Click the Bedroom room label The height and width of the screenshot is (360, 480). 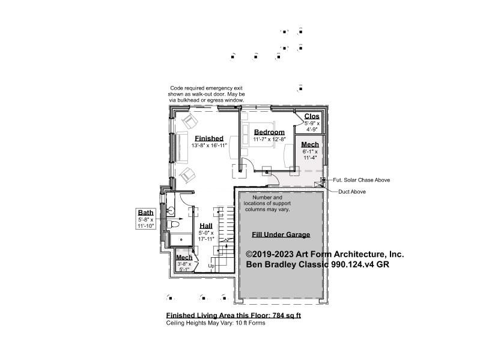coord(269,132)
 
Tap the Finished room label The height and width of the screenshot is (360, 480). coord(209,138)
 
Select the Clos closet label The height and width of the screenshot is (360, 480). coord(312,117)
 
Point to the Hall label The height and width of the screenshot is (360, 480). coord(206,226)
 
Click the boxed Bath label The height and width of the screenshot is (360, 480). coord(145,212)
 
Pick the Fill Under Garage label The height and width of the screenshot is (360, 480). coord(281,235)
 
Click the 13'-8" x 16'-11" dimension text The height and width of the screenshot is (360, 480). coord(209,145)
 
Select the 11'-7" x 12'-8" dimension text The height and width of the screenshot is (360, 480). coord(269,139)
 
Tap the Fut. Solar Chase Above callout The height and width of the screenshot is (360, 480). coord(361,180)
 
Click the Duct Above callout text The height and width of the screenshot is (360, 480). coord(351,192)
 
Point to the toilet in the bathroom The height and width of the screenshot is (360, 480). coord(172,224)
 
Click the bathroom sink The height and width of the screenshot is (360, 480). coord(171,210)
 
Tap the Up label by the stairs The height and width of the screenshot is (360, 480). coord(211,266)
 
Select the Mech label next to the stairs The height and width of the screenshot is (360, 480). coord(184,257)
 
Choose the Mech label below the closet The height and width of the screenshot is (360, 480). coord(310,144)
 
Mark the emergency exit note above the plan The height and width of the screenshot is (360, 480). coord(206,94)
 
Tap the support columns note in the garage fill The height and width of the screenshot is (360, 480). coord(267,204)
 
